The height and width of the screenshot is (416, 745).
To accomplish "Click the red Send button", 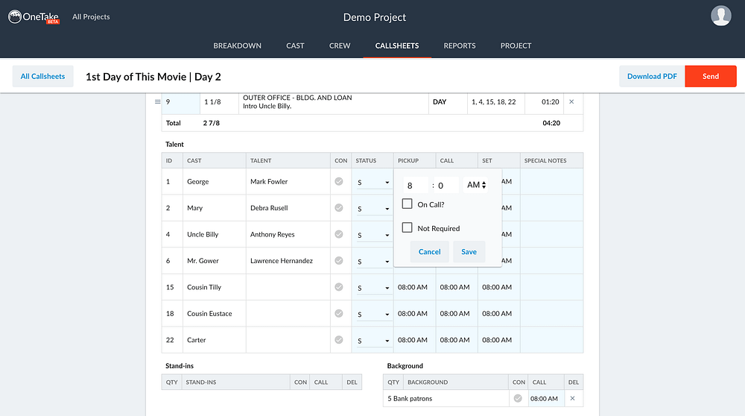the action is [710, 76].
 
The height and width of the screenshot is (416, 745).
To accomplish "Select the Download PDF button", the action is [652, 76].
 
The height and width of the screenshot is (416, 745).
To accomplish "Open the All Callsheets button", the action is [42, 76].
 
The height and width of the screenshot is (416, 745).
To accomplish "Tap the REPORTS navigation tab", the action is [460, 45].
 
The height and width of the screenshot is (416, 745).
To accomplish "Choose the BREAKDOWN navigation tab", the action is [237, 45].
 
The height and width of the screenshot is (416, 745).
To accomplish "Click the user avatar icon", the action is [720, 16].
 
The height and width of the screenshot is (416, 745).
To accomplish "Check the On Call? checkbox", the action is [408, 204].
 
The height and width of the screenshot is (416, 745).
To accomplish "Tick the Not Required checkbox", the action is [408, 227].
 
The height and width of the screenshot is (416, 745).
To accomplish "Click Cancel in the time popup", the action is [430, 251].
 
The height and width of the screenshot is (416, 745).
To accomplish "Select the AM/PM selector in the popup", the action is [475, 185].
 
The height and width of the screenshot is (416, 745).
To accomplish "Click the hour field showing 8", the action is [415, 186].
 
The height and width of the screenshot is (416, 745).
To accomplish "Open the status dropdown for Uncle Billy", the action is [373, 235].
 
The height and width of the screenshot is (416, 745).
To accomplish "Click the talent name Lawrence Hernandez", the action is [282, 260].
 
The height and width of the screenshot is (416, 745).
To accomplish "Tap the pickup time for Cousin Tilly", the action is [413, 287].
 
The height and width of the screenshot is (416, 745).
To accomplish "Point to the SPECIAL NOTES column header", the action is [545, 161].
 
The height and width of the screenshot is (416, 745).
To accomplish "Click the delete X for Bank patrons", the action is [572, 398].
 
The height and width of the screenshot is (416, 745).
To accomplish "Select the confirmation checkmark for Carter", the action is [339, 340].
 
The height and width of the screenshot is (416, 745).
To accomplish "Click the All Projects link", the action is [91, 16].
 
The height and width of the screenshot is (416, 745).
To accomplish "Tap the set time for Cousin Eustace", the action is [497, 314].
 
